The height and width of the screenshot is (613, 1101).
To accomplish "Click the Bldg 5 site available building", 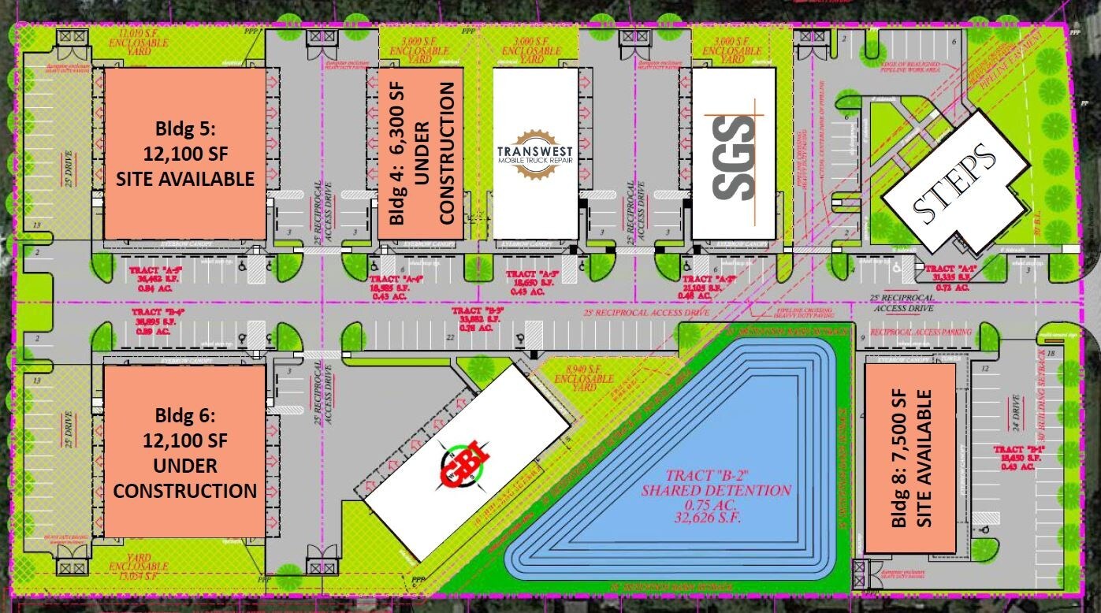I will [x=185, y=153].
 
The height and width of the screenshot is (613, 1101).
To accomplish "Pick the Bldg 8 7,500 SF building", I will [x=910, y=458].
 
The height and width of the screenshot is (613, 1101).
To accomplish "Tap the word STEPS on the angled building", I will [x=953, y=181].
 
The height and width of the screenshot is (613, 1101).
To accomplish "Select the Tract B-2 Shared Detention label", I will [x=716, y=482].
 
